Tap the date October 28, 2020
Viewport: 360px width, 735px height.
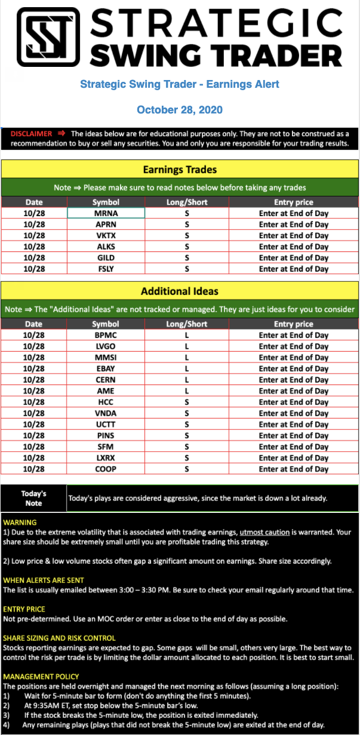point(180,110)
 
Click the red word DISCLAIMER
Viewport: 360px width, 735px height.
point(31,134)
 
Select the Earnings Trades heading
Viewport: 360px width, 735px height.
point(180,170)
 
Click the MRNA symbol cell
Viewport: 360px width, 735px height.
point(106,213)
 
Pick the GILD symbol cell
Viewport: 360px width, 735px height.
point(106,258)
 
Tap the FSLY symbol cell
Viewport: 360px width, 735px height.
point(106,269)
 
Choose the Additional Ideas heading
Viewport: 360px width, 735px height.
point(180,291)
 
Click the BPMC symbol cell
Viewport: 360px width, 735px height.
point(106,336)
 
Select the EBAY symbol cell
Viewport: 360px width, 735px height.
point(106,369)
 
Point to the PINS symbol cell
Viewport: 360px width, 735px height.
point(106,436)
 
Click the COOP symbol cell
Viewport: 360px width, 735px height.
point(106,469)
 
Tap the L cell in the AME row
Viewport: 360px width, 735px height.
point(187,391)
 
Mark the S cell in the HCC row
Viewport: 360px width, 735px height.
point(187,402)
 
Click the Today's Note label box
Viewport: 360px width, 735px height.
point(33,498)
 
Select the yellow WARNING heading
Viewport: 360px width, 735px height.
point(20,522)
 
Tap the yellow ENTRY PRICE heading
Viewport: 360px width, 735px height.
point(24,609)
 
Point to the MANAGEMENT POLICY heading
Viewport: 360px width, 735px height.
point(41,676)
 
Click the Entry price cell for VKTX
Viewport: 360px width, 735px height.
point(293,236)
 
